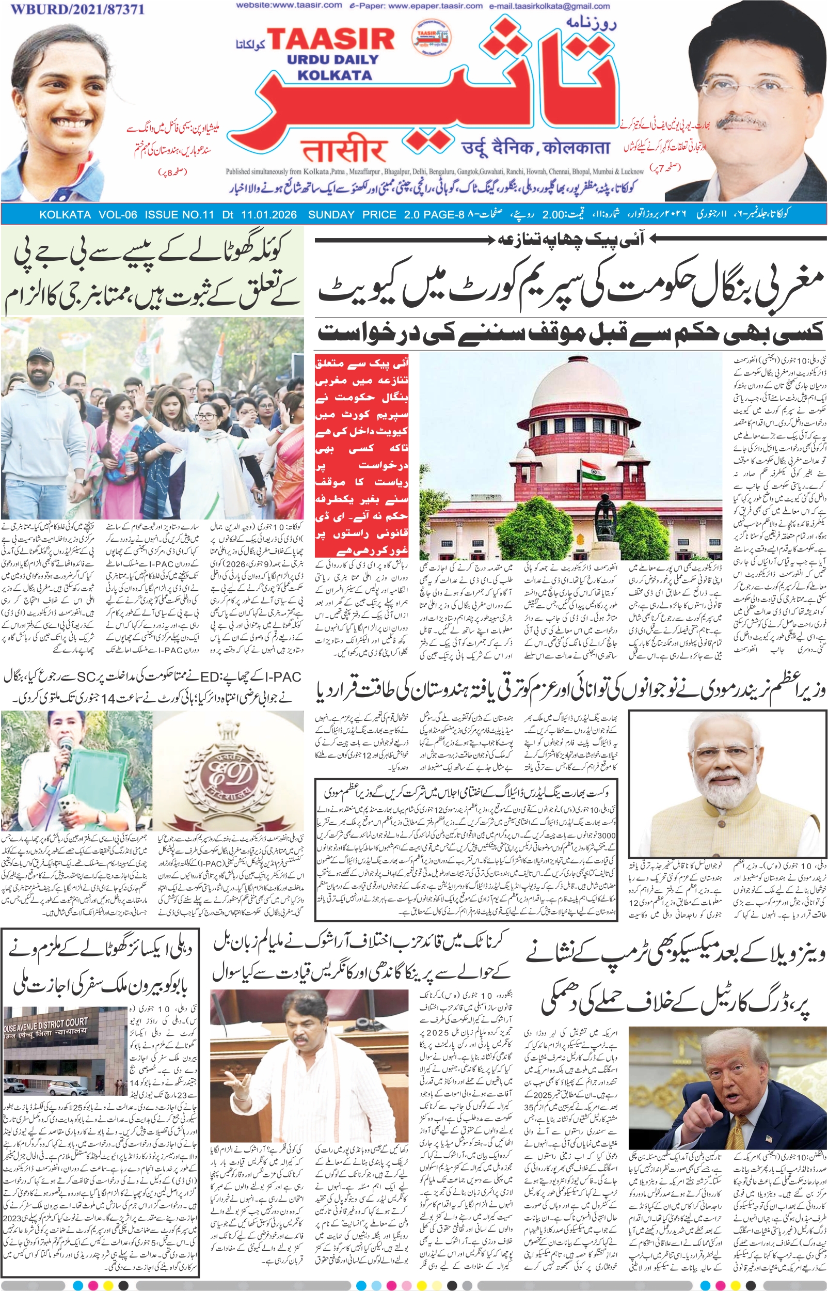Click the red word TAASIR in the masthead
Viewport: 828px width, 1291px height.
[x=331, y=39]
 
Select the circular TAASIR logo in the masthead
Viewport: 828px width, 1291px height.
[x=431, y=37]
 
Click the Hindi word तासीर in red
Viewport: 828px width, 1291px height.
[x=344, y=151]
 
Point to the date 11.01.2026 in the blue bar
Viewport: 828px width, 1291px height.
[x=269, y=214]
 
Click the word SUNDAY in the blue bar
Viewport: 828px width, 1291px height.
[x=331, y=214]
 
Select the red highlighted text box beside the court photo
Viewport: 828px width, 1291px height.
[x=362, y=455]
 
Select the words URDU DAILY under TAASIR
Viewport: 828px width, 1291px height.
[x=333, y=59]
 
